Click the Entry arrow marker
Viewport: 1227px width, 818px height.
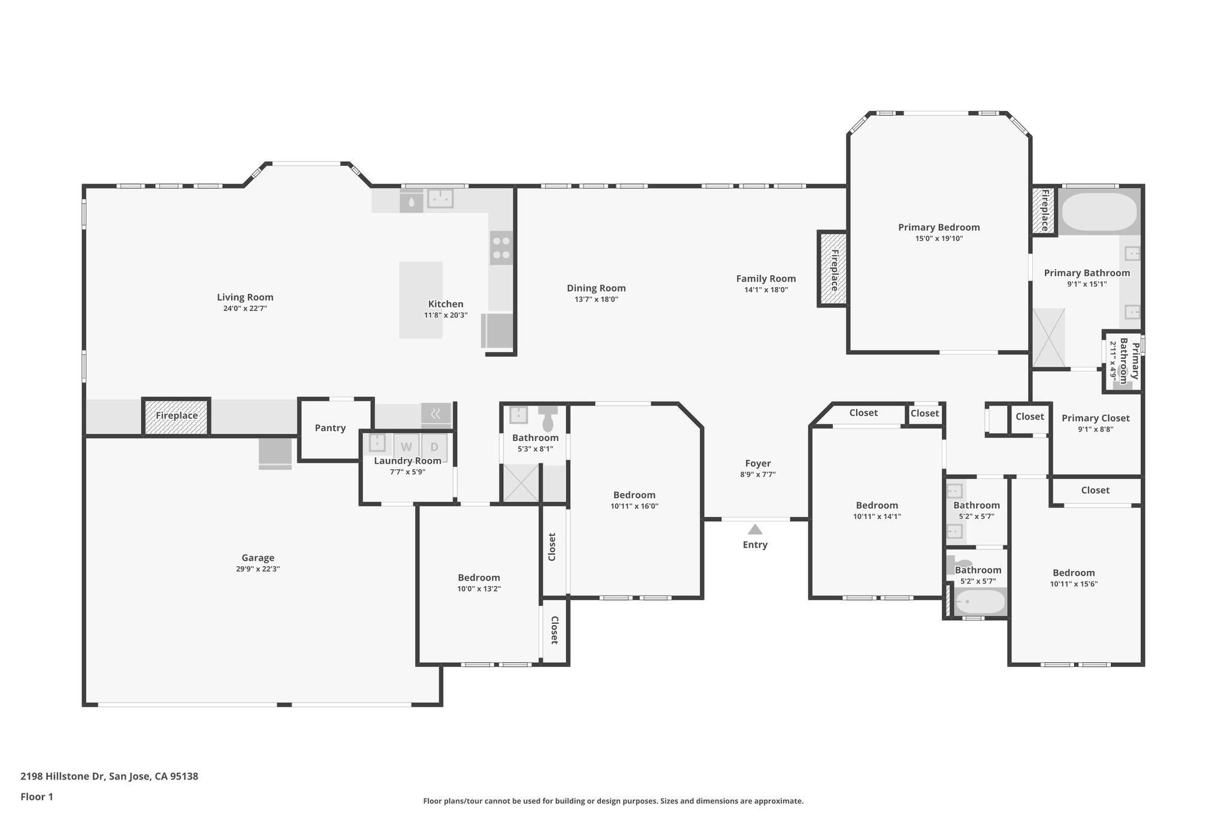755,530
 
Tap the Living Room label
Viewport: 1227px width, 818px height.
245,297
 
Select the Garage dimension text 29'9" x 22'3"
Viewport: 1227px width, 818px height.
258,569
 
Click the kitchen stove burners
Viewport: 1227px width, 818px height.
501,248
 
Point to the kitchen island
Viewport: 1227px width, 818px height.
421,300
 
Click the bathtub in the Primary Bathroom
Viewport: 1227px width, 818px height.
1099,212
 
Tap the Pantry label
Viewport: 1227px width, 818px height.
330,428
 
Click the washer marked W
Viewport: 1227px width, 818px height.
406,447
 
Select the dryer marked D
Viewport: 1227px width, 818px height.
434,447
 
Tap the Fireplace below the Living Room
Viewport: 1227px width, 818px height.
177,416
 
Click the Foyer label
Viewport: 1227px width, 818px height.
758,463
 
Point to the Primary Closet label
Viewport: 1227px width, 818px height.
1095,418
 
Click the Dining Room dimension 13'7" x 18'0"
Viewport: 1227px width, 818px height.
596,299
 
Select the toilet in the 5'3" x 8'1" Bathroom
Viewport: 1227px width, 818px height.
548,419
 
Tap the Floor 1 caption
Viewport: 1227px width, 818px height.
37,796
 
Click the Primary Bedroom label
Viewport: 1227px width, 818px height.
939,227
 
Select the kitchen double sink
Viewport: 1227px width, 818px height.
440,198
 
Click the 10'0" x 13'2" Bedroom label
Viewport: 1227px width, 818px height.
479,578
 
